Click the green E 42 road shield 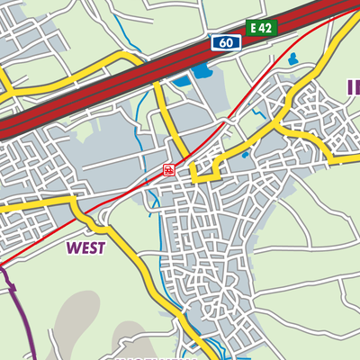[x=262, y=28]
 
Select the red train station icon [x=168, y=169]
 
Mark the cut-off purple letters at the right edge [x=353, y=86]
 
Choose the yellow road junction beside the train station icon [x=191, y=173]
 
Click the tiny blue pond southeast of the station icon [x=245, y=155]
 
